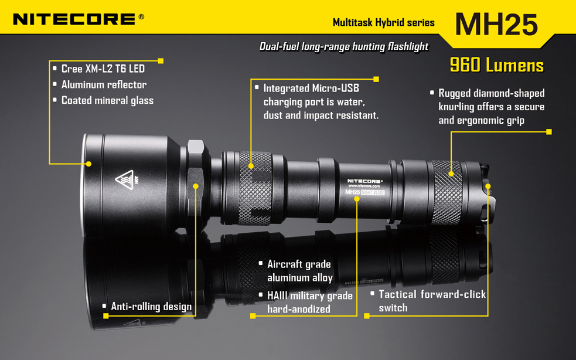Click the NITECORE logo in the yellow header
click(79, 19)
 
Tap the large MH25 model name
click(496, 25)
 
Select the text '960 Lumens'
click(497, 65)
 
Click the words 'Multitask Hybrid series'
click(383, 23)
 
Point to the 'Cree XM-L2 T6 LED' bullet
click(103, 69)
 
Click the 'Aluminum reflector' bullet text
click(104, 84)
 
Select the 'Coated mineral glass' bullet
click(107, 100)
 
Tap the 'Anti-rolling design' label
click(151, 307)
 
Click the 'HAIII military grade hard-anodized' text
click(309, 303)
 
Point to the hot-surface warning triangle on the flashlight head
click(125, 180)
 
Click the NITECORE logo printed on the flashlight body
click(365, 181)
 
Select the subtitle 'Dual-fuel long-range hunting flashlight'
click(344, 46)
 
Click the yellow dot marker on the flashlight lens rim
click(88, 164)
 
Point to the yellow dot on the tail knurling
click(451, 174)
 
